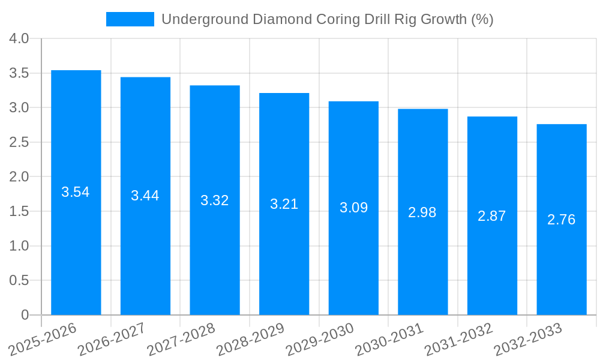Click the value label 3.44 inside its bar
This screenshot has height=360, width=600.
[x=145, y=196]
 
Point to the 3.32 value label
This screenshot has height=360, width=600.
[x=215, y=200]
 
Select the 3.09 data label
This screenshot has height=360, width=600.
[x=353, y=208]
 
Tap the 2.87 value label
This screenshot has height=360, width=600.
[x=492, y=217]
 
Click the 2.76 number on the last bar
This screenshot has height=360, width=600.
[x=561, y=220]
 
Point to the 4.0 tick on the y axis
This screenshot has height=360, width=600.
[x=19, y=39]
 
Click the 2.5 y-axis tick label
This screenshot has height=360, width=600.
[x=19, y=143]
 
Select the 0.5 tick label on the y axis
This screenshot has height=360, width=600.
[x=19, y=281]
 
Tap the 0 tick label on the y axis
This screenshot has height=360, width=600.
[x=25, y=315]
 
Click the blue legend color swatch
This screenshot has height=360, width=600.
[x=130, y=19]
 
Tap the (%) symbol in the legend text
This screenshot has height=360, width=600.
[x=482, y=19]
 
